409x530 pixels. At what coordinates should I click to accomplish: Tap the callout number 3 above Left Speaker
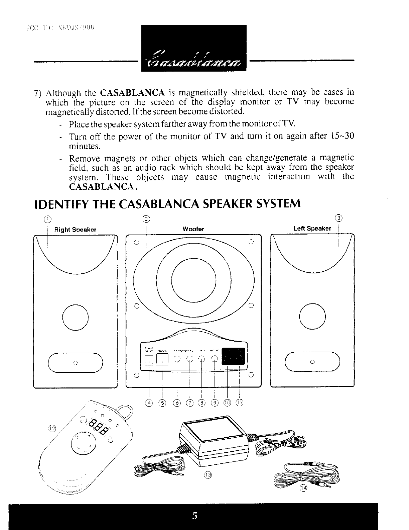coord(339,219)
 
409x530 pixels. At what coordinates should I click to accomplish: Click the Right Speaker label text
coord(75,230)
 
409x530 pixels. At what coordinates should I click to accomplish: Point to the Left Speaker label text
coord(312,229)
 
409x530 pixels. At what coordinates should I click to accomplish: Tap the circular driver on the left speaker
coord(312,316)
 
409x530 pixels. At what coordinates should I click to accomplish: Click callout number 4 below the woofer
coord(149,403)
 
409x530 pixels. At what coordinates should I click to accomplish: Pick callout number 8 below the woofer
coord(201,403)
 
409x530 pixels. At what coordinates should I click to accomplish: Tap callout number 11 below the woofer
coord(240,403)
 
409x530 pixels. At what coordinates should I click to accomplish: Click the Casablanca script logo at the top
coord(193,61)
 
